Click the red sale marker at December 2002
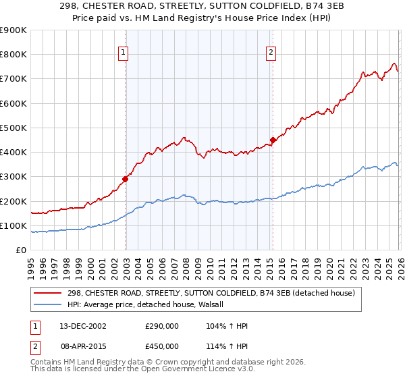[126, 180]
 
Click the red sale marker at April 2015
[273, 140]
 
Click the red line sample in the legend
[49, 294]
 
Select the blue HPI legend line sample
[49, 305]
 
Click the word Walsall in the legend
[219, 305]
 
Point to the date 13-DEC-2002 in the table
[81, 326]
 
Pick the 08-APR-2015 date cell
[81, 346]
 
